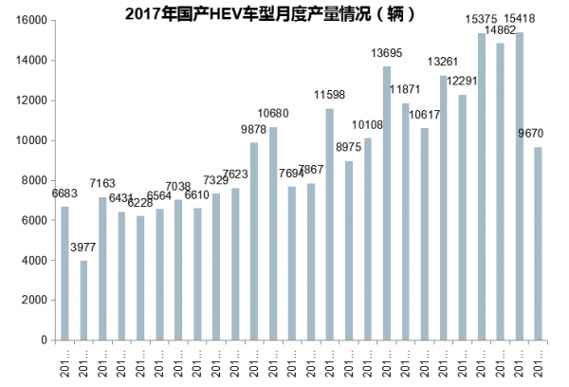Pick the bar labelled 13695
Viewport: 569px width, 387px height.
tap(387, 203)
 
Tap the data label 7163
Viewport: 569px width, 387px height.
tap(102, 181)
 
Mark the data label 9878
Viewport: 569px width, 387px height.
tap(254, 130)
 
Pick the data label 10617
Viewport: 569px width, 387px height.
tap(424, 116)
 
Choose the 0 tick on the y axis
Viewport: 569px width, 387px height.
tap(44, 340)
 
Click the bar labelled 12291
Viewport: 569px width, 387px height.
tap(462, 217)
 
